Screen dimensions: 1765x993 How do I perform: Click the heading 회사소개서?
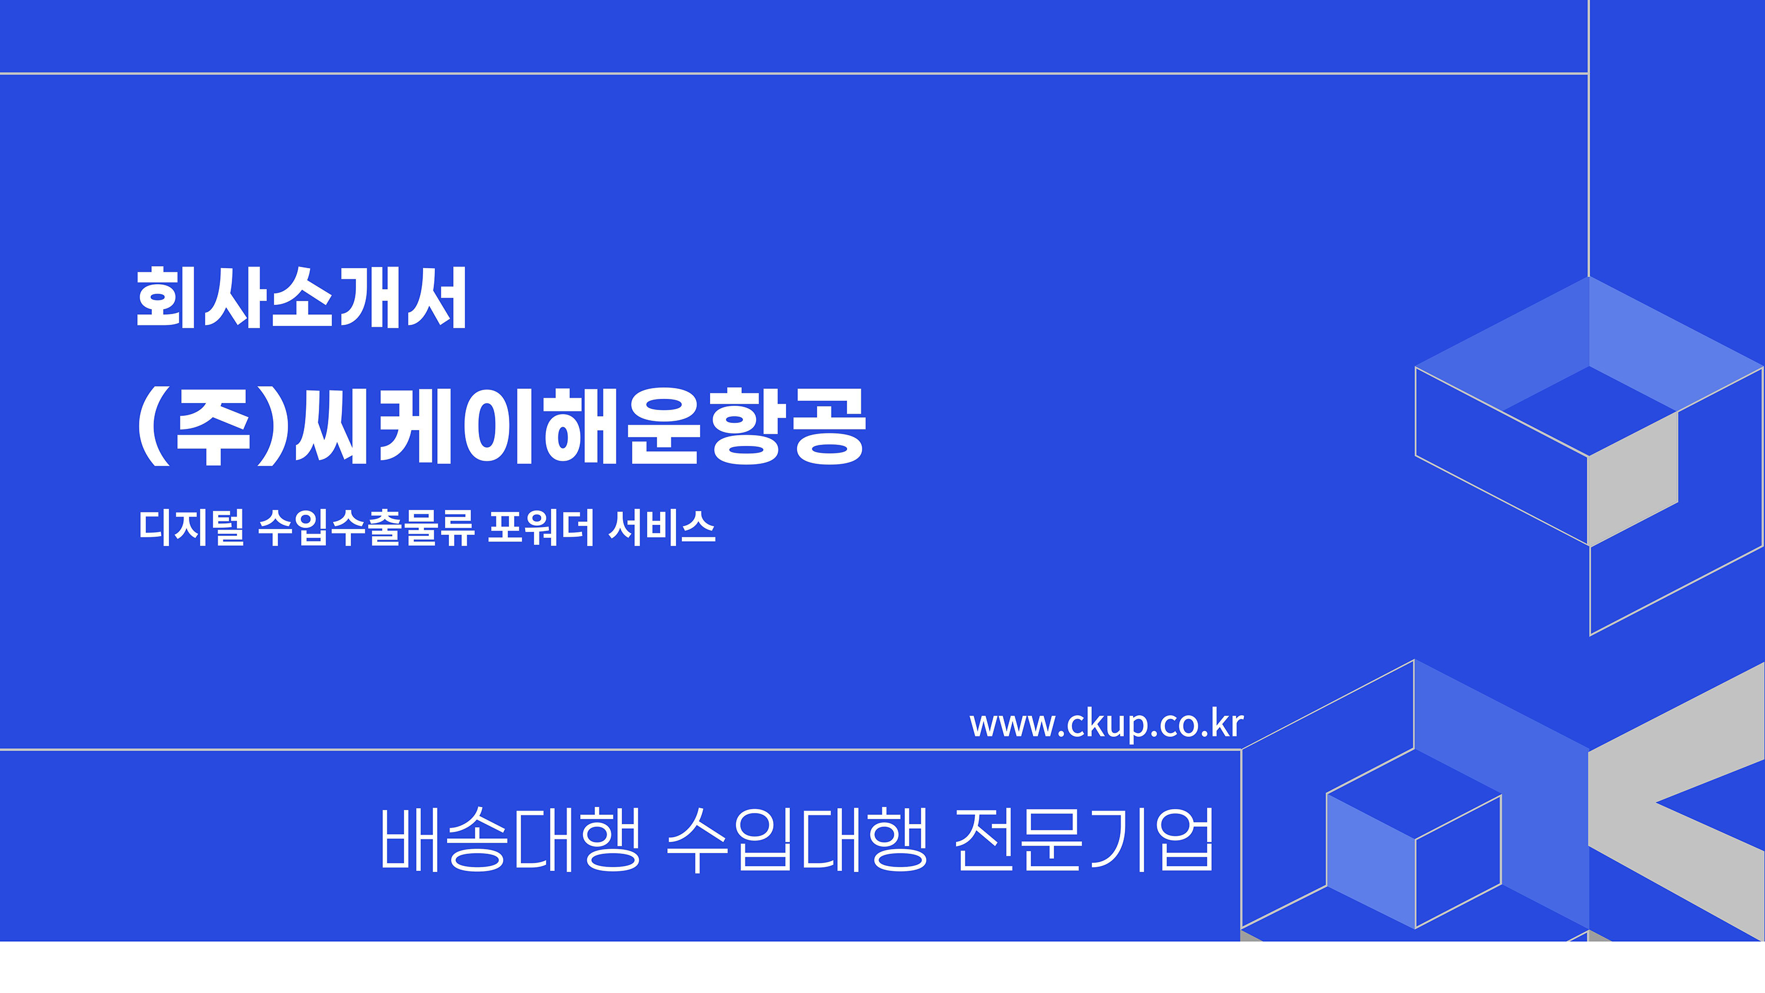click(301, 298)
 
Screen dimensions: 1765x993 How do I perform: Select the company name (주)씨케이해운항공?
click(502, 426)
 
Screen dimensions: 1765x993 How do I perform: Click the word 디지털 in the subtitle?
click(191, 527)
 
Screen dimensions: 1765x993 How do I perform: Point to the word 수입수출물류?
click(367, 527)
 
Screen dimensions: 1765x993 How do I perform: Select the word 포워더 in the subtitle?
click(541, 527)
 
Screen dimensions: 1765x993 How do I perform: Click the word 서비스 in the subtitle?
click(662, 527)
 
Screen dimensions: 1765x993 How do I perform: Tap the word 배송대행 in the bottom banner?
click(511, 839)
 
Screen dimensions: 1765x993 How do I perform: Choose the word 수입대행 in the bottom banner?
click(797, 839)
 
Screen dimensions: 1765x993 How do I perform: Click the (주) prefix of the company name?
click(212, 426)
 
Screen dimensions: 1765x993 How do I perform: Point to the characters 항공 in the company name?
click(788, 426)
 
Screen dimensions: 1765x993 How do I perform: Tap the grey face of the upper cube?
click(1633, 479)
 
